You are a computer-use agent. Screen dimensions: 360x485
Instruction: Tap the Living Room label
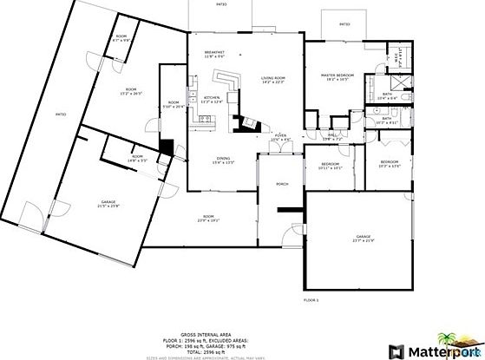click(273, 79)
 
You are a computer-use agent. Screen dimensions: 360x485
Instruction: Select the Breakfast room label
click(214, 53)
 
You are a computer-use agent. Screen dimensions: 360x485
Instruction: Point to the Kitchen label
click(213, 98)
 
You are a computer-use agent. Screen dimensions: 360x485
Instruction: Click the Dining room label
click(223, 159)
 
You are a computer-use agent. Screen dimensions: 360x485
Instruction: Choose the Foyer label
click(280, 136)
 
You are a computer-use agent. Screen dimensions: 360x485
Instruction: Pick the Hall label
click(332, 135)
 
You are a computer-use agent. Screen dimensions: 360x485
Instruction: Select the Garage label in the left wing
click(108, 203)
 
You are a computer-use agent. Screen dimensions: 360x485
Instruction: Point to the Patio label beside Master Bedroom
click(344, 24)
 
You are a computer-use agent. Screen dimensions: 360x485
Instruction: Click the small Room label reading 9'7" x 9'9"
click(121, 37)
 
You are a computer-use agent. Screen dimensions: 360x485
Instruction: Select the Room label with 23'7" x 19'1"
click(208, 217)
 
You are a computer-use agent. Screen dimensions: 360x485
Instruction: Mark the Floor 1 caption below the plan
click(311, 299)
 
